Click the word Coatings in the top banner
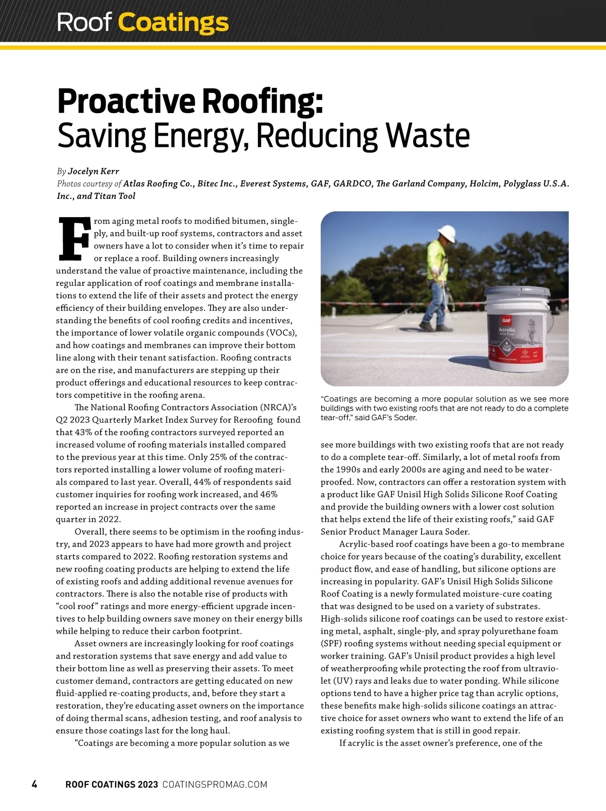pyautogui.click(x=173, y=23)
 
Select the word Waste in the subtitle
pyautogui.click(x=428, y=136)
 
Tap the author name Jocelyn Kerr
pyautogui.click(x=93, y=171)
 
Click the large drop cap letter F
pyautogui.click(x=74, y=237)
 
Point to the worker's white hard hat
pyautogui.click(x=447, y=233)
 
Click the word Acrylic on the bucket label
pyautogui.click(x=507, y=330)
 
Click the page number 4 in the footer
pyautogui.click(x=34, y=784)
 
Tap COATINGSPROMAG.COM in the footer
pyautogui.click(x=215, y=785)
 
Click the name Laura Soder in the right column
pyautogui.click(x=444, y=532)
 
